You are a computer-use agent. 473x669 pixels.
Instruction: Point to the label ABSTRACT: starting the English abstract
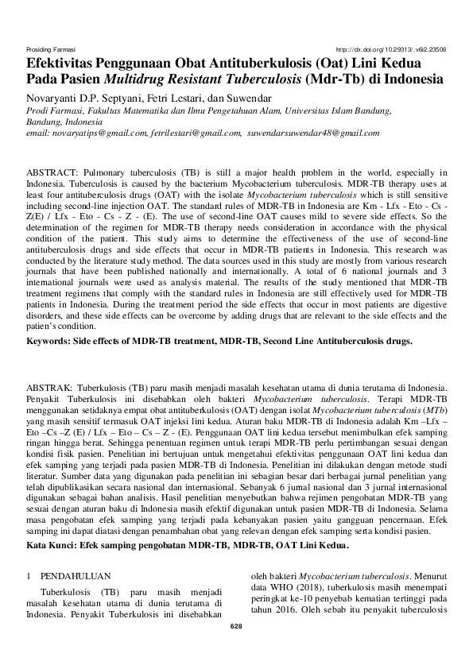[x=51, y=172]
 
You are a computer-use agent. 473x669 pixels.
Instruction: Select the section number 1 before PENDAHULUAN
[x=29, y=574]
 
